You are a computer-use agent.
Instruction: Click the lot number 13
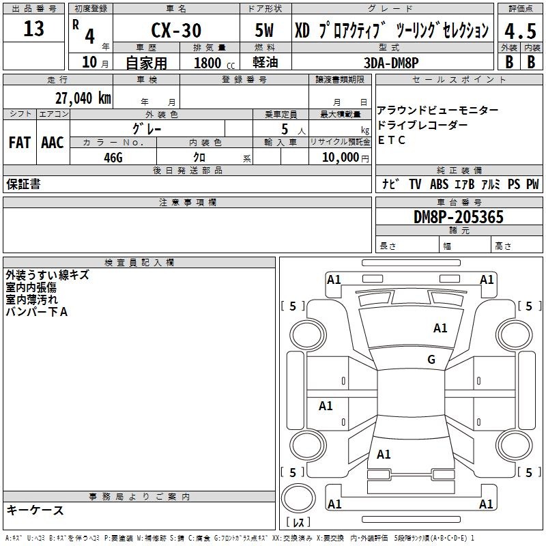[x=33, y=29]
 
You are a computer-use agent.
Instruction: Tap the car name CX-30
[x=176, y=30]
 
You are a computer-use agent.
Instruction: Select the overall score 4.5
[x=520, y=31]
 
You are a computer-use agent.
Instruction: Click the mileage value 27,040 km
[x=83, y=98]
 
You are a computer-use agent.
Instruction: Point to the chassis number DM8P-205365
[x=458, y=217]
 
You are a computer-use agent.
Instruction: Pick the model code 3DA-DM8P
[x=391, y=63]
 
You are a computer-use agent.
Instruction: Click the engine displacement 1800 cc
[x=214, y=63]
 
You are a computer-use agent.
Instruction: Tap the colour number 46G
[x=113, y=158]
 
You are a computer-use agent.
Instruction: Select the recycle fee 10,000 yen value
[x=345, y=158]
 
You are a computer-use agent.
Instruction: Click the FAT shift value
[x=20, y=143]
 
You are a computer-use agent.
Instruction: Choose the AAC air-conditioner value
[x=53, y=143]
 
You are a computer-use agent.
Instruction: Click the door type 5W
[x=264, y=30]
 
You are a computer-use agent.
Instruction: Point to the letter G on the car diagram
[x=431, y=359]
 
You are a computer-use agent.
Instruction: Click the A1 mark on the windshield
[x=440, y=328]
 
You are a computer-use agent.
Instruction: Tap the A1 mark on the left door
[x=326, y=405]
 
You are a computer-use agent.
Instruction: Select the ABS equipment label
[x=439, y=184]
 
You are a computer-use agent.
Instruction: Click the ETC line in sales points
[x=391, y=140]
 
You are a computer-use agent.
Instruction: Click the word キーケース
[x=35, y=510]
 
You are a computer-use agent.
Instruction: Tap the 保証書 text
[x=23, y=184]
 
